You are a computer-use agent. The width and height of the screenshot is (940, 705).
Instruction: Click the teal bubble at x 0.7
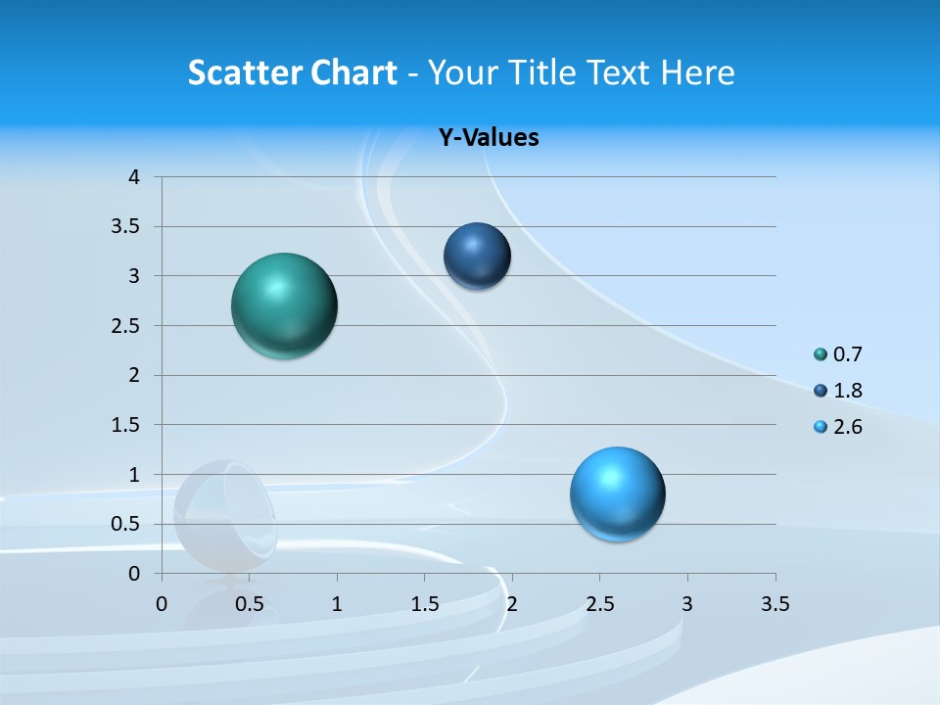[x=284, y=305]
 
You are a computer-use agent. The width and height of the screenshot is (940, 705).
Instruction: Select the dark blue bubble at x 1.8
[x=477, y=257]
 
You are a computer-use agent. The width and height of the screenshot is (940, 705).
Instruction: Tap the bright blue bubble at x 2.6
[x=617, y=493]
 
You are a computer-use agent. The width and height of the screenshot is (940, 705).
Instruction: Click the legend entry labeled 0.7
[x=838, y=354]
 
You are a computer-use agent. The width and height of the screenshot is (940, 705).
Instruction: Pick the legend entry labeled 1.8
[x=838, y=391]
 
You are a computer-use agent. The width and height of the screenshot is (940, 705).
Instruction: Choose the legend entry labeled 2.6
[x=838, y=427]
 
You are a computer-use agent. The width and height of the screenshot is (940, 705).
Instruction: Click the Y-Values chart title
[x=489, y=138]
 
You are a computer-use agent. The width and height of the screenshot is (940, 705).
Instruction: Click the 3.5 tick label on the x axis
[x=775, y=604]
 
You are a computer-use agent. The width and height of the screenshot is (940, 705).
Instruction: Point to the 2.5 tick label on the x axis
[x=599, y=604]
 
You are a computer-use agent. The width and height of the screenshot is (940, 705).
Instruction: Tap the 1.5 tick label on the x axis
[x=424, y=604]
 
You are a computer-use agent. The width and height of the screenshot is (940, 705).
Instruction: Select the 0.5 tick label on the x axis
[x=249, y=604]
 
